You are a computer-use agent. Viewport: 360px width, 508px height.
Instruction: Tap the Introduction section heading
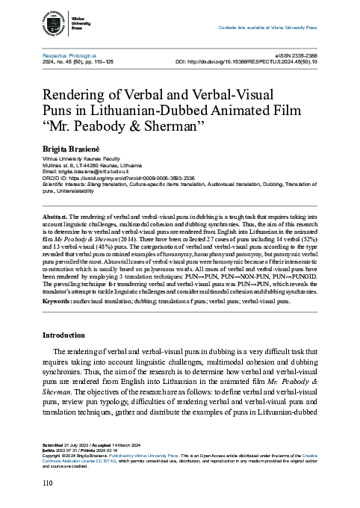[x=67, y=335]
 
